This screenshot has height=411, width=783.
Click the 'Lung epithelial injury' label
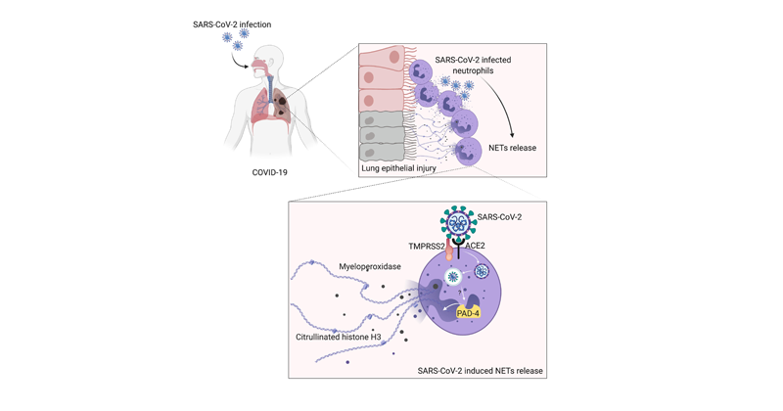[399, 168]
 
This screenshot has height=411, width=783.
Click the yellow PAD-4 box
[469, 313]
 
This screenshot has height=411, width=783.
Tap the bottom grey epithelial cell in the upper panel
[383, 153]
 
